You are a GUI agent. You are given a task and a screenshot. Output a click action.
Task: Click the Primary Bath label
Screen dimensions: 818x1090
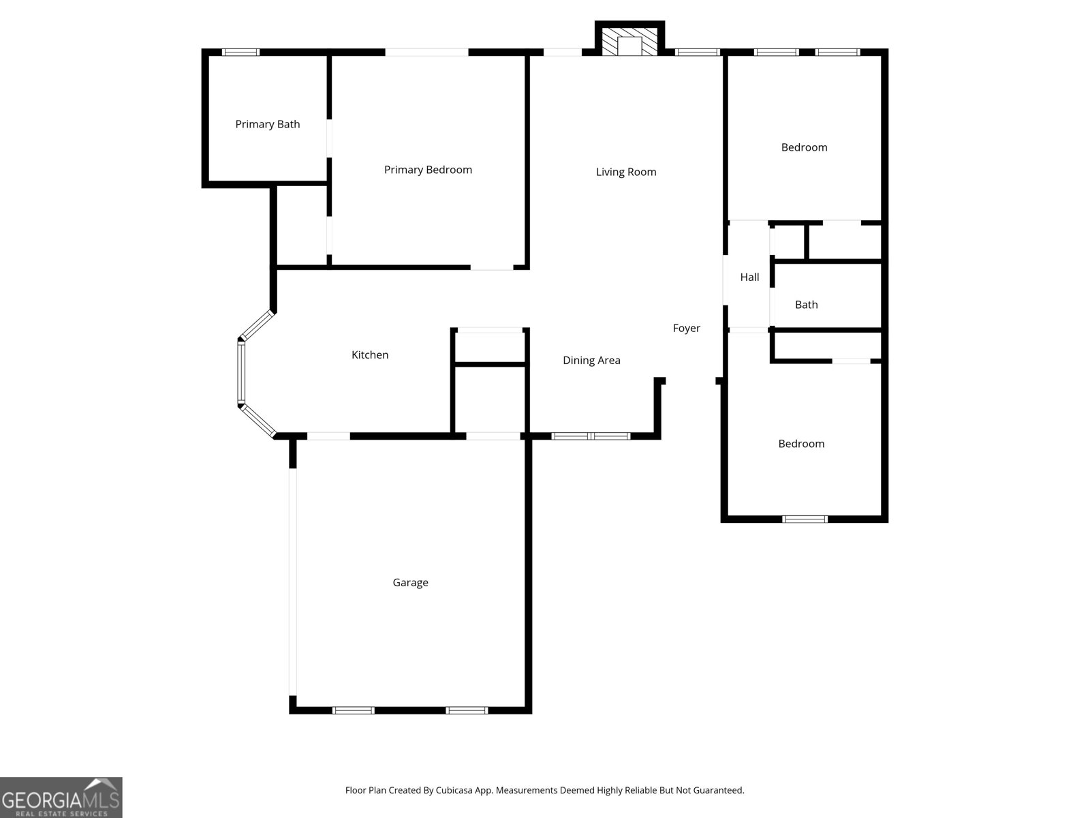tap(267, 124)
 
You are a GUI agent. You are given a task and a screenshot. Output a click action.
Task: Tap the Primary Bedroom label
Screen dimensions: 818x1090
tap(428, 170)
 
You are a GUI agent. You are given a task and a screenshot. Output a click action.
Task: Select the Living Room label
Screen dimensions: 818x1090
tap(626, 172)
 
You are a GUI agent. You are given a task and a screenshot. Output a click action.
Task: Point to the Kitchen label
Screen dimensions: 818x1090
tap(370, 354)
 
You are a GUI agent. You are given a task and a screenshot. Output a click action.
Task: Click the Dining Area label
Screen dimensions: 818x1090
tap(591, 361)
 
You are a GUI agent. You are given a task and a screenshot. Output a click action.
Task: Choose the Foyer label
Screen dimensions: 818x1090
tap(686, 328)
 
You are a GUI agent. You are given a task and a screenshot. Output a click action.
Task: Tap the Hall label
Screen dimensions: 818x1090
tap(749, 277)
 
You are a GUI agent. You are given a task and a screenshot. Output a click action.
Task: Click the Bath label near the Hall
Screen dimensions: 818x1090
tap(806, 305)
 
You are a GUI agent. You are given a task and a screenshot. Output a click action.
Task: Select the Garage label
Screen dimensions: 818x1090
tap(410, 582)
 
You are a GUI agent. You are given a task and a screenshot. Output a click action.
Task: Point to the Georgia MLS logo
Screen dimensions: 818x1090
tap(61, 797)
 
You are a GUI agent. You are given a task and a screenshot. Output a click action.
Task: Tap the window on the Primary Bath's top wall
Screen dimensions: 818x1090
tap(241, 52)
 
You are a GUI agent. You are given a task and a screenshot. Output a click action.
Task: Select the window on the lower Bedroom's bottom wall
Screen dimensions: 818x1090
tap(805, 519)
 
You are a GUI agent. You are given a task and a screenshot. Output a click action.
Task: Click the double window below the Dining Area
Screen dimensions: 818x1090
tap(591, 436)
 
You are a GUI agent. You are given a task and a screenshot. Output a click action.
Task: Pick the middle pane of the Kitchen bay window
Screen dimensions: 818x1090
tap(240, 372)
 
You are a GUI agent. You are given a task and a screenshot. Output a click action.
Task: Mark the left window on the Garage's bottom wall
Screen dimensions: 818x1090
tap(353, 710)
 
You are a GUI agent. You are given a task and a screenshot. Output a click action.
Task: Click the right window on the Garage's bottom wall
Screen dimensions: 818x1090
tap(467, 710)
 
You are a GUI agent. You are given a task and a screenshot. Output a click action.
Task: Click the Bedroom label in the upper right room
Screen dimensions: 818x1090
tap(804, 147)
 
